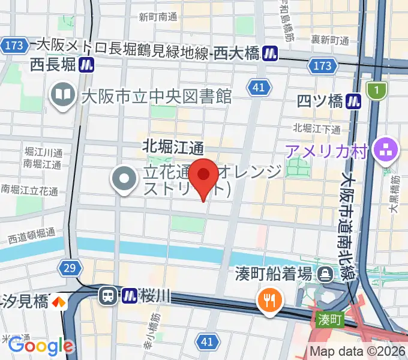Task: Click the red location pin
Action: tap(204, 176)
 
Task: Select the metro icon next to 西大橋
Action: tap(271, 53)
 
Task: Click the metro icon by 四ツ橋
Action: tap(356, 101)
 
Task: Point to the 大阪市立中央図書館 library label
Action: tap(156, 96)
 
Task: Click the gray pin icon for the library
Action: tap(62, 95)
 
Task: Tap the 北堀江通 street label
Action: tap(173, 146)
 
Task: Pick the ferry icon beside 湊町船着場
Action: tap(326, 274)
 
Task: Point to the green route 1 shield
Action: tap(377, 90)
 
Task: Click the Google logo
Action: tap(40, 346)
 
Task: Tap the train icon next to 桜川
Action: tap(108, 295)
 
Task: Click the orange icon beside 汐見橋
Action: tap(59, 301)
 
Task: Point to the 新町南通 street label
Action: tap(157, 17)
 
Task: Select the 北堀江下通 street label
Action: tap(317, 128)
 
